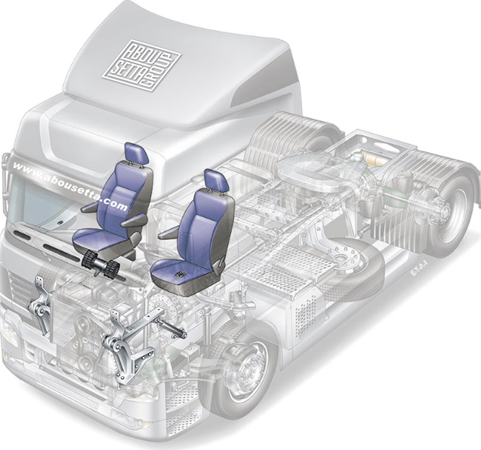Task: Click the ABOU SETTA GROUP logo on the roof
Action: point(142,65)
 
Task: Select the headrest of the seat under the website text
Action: point(137,154)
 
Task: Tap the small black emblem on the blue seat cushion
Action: point(180,274)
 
